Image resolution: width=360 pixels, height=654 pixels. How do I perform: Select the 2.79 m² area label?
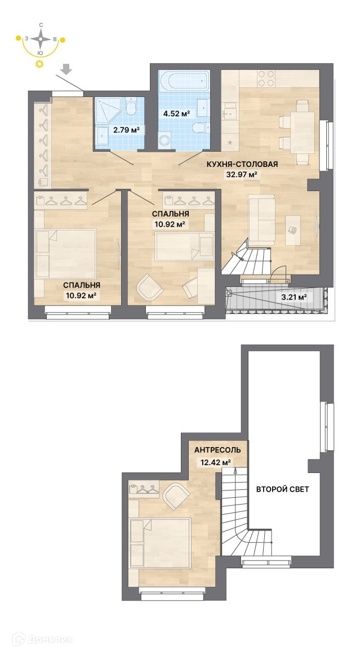coord(126,130)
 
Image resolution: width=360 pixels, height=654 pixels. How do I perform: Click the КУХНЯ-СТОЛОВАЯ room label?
coord(242,164)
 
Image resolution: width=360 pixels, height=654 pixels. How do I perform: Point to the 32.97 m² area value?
coord(241,175)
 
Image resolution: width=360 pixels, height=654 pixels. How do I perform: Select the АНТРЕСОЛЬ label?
coord(217,450)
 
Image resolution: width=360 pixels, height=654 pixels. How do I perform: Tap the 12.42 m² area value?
coord(214,462)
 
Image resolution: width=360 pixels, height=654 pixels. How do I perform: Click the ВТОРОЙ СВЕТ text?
coord(282,489)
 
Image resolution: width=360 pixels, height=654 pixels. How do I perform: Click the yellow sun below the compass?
coord(39,63)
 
